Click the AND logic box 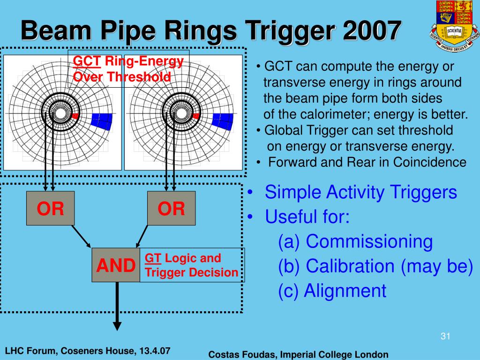[x=116, y=265]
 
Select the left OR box [x=51, y=209]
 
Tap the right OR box [x=171, y=209]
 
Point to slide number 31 [x=445, y=336]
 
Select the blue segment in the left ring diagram [x=102, y=120]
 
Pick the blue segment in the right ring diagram [x=223, y=120]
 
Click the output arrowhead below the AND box [x=117, y=325]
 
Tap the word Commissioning [x=369, y=241]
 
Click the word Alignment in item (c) [x=345, y=291]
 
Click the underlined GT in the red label [x=153, y=258]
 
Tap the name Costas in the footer [x=224, y=354]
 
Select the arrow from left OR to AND [x=80, y=236]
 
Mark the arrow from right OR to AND [x=142, y=236]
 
